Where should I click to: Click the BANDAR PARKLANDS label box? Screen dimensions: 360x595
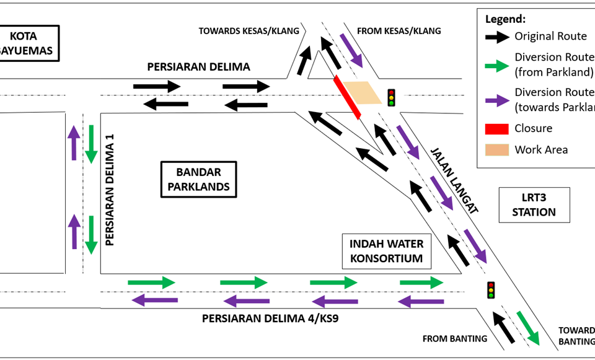pos(198,180)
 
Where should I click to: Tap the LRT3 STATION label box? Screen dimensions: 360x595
pos(534,205)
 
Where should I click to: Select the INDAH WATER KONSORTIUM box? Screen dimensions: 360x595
pos(386,251)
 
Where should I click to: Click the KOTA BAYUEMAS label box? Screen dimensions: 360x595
pos(29,43)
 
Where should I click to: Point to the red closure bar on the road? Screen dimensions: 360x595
pos(347,97)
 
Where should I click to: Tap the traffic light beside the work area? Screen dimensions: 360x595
pos(391,98)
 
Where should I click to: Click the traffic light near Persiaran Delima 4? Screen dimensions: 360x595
pos(491,290)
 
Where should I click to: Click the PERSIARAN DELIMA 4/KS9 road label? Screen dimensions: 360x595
pos(268,319)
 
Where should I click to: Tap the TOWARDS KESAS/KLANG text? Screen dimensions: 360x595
pos(249,31)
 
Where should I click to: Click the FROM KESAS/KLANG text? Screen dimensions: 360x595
pos(399,31)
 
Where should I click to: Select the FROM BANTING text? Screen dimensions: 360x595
pos(455,339)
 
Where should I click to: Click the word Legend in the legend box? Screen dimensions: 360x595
pos(505,19)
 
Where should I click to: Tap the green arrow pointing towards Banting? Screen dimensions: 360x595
pos(528,328)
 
